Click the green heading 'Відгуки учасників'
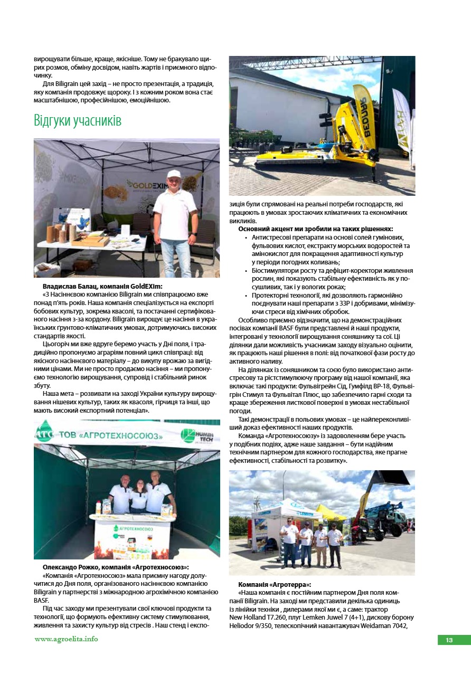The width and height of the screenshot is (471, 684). pyautogui.click(x=78, y=121)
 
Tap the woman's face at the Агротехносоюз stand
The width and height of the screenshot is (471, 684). pyautogui.click(x=139, y=483)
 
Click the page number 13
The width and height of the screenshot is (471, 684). pyautogui.click(x=449, y=640)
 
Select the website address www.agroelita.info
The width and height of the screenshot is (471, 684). pyautogui.click(x=66, y=639)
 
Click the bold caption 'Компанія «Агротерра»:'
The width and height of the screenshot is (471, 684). pyautogui.click(x=275, y=585)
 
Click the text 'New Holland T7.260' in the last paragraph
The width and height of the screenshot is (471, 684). pyautogui.click(x=259, y=617)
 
